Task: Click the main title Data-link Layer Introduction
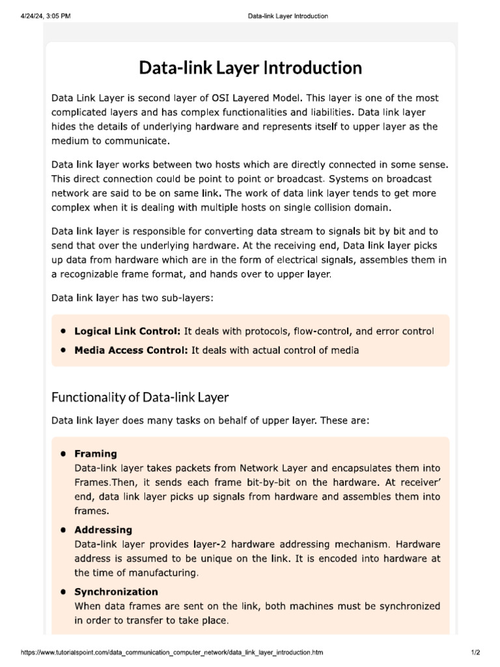[x=250, y=68]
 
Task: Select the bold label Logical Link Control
[x=128, y=332]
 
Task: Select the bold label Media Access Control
[x=131, y=350]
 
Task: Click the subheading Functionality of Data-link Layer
[x=140, y=397]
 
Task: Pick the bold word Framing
[x=96, y=453]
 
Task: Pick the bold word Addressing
[x=103, y=530]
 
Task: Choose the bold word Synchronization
[x=116, y=591]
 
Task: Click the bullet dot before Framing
[x=63, y=453]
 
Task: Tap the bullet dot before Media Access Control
[x=63, y=350]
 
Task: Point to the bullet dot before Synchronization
[x=63, y=591]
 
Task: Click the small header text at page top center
[x=288, y=16]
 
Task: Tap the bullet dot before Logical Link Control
[x=63, y=332]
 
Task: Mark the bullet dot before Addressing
[x=63, y=530]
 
